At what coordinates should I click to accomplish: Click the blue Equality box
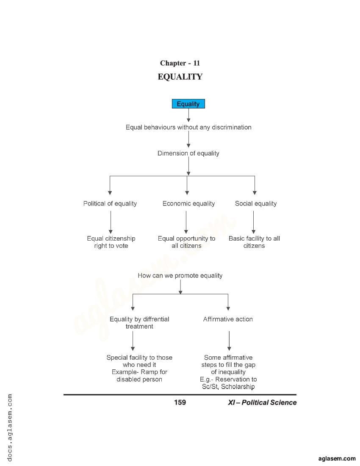point(188,104)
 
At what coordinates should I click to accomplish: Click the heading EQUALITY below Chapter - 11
point(180,77)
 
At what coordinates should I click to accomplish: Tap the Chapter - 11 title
point(180,63)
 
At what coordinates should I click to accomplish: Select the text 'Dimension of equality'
point(188,153)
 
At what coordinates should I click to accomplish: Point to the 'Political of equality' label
point(110,204)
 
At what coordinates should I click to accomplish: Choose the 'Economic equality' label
point(188,204)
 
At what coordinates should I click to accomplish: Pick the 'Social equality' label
point(256,204)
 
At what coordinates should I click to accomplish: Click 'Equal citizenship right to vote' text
point(111,242)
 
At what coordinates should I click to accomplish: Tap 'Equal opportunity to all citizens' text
point(186,242)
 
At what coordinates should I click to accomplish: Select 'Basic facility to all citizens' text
point(254,242)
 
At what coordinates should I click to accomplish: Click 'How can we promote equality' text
point(180,276)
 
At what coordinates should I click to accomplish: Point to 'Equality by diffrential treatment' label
point(139,323)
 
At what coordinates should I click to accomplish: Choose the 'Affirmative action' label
point(228,319)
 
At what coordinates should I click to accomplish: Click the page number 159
point(180,402)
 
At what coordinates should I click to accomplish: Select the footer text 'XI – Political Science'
point(262,402)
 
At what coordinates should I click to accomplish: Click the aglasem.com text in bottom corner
point(337,458)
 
